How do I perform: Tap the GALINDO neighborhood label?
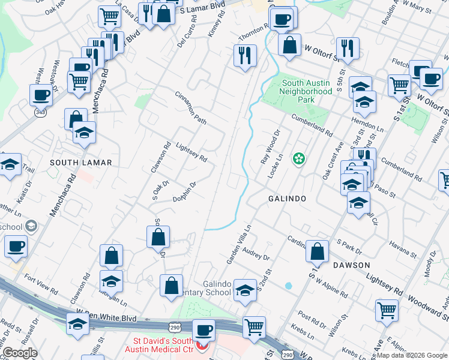tap(287, 199)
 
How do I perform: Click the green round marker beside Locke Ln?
tap(298, 159)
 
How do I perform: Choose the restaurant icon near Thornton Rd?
tap(245, 56)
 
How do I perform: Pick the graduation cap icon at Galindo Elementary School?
tap(244, 290)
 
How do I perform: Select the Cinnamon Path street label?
tap(191, 109)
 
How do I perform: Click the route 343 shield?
tap(40, 114)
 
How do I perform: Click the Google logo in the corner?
tap(20, 353)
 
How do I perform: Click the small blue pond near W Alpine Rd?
tap(289, 286)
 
